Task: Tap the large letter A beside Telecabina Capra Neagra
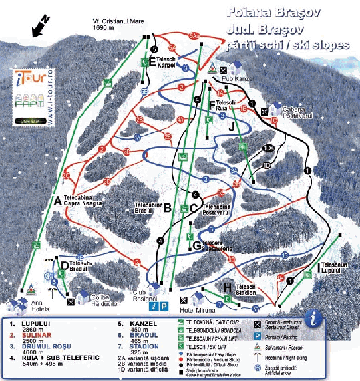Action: pyautogui.click(x=57, y=199)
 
